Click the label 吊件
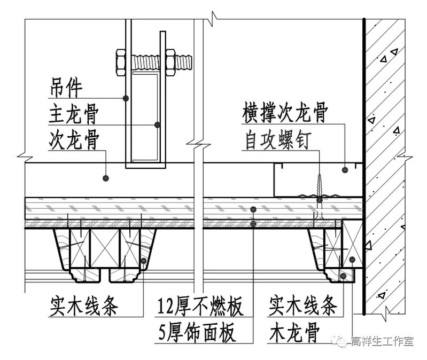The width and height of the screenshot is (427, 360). [x=66, y=89]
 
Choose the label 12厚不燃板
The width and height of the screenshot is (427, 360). [x=201, y=307]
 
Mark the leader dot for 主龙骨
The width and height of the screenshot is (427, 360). [x=157, y=124]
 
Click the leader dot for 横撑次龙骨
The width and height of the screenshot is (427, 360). [x=346, y=170]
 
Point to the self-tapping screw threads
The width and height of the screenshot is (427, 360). [x=320, y=185]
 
